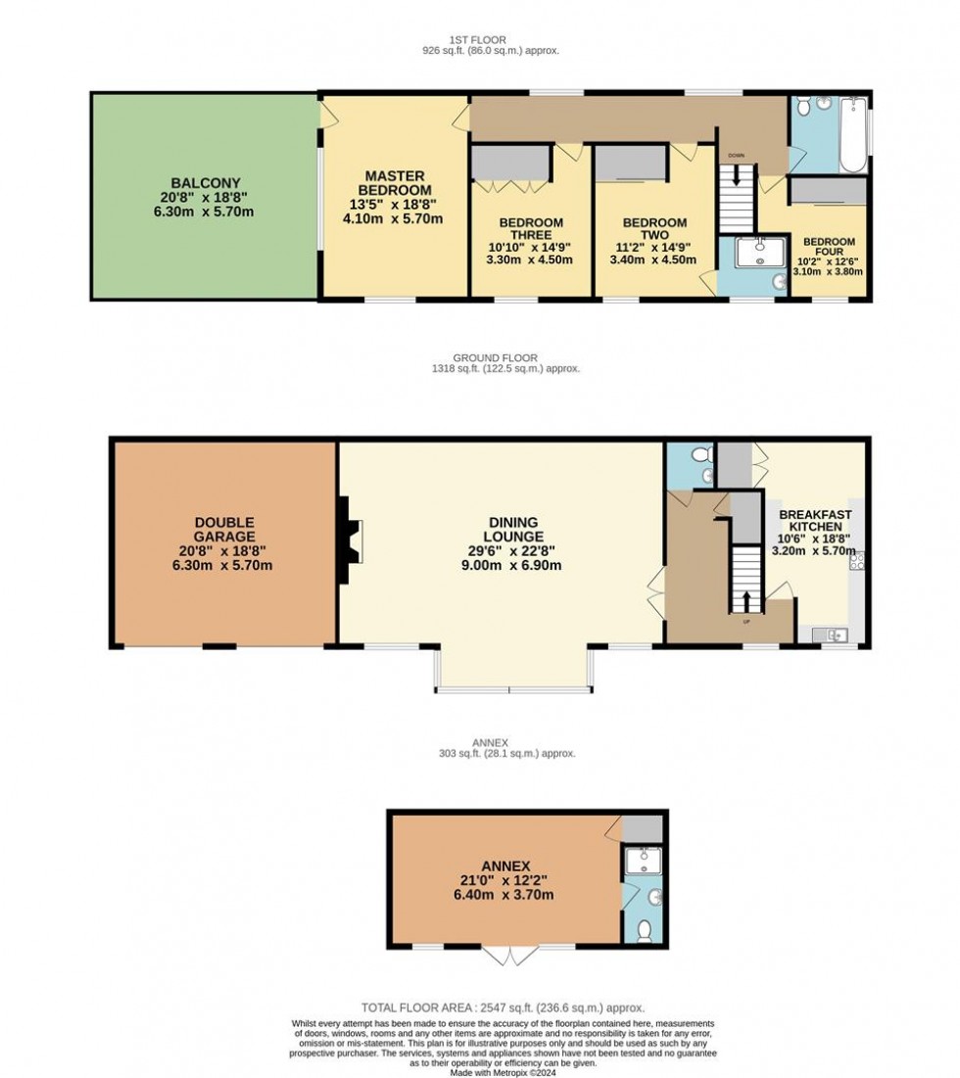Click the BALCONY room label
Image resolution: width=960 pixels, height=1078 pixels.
(x=204, y=183)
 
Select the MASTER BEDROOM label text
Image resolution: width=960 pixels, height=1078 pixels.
(x=394, y=182)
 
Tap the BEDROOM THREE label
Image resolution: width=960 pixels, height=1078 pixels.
(x=530, y=229)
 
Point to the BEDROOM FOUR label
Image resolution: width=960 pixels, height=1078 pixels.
(x=829, y=248)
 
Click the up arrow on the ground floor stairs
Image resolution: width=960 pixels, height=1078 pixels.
(x=746, y=599)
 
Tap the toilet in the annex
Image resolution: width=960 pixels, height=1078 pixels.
(x=644, y=929)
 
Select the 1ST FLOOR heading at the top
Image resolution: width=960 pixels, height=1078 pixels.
(x=479, y=39)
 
